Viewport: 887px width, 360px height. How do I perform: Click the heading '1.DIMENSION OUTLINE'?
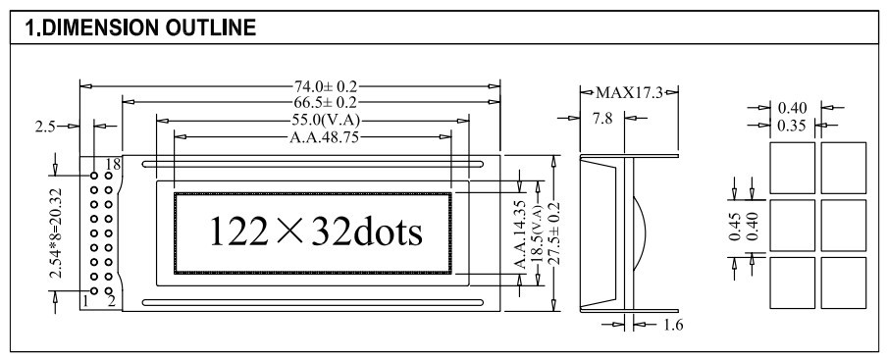[x=140, y=27]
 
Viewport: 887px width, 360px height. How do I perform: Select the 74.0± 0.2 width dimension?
[x=326, y=86]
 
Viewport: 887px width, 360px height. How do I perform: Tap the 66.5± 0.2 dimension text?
[x=326, y=102]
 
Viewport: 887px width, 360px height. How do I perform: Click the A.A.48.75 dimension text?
[x=324, y=137]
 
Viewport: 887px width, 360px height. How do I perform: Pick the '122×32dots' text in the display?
[x=316, y=231]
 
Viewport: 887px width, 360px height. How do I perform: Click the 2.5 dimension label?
[x=45, y=127]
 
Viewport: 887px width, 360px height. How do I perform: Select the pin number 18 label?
[x=113, y=165]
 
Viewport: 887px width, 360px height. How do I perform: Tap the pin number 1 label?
[x=85, y=301]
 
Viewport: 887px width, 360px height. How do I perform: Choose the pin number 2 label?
[x=112, y=301]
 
